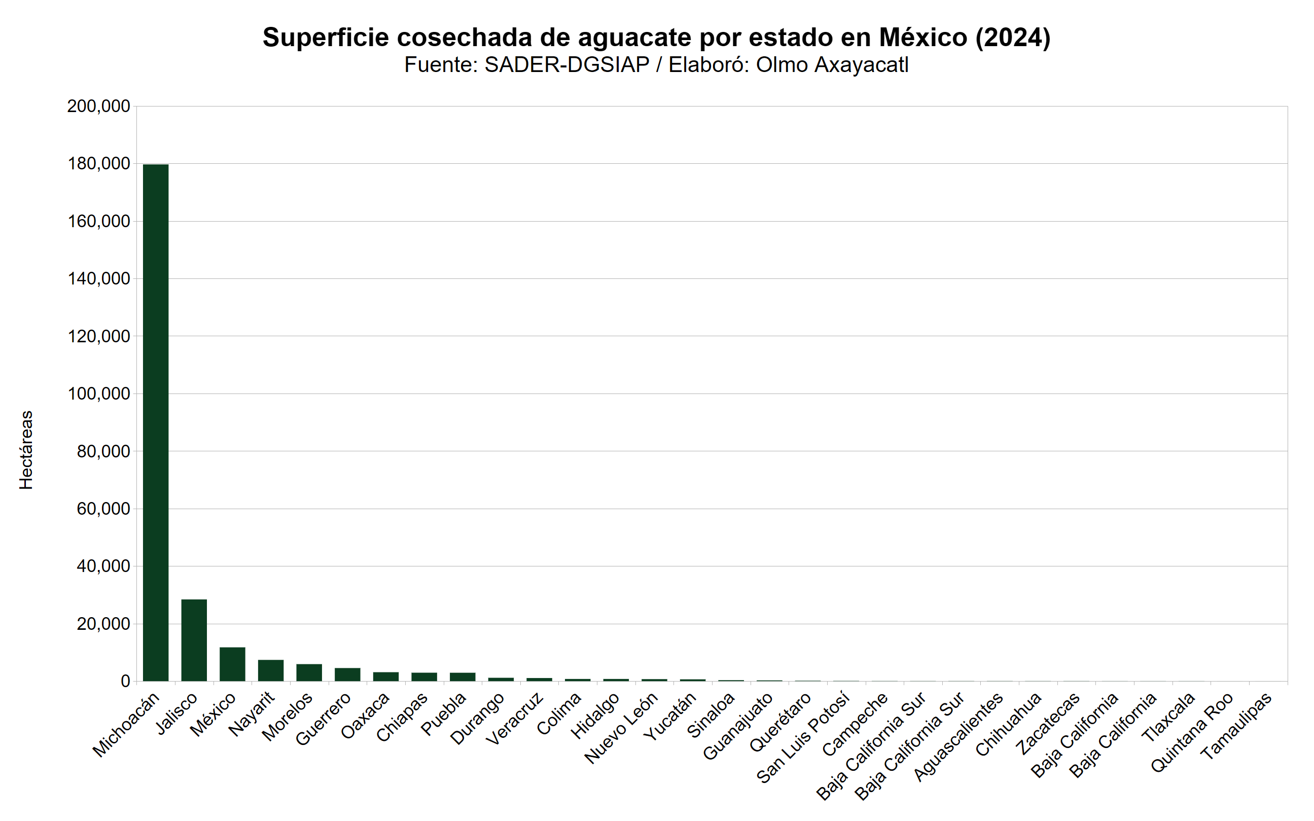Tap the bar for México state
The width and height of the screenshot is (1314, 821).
[232, 664]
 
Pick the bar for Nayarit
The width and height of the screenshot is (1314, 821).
[270, 670]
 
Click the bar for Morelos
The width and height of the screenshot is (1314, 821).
[309, 673]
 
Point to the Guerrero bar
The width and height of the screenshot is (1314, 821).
[347, 674]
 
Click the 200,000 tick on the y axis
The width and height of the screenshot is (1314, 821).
[98, 106]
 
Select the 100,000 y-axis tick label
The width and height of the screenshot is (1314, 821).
[98, 394]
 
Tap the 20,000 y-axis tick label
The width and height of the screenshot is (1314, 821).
[103, 624]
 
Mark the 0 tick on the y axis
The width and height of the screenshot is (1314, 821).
[125, 682]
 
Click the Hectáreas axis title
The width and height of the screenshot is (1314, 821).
[26, 450]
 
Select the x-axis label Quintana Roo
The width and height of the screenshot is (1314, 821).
[1191, 732]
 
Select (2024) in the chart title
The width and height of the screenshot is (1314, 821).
[1013, 38]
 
